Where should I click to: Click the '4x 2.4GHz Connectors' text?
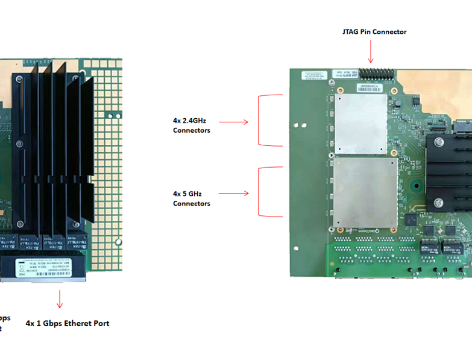pyautogui.click(x=191, y=125)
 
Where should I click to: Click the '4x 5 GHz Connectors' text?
pyautogui.click(x=192, y=198)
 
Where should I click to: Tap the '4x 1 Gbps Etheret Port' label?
pyautogui.click(x=68, y=323)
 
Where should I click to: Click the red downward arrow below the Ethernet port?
pyautogui.click(x=60, y=298)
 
